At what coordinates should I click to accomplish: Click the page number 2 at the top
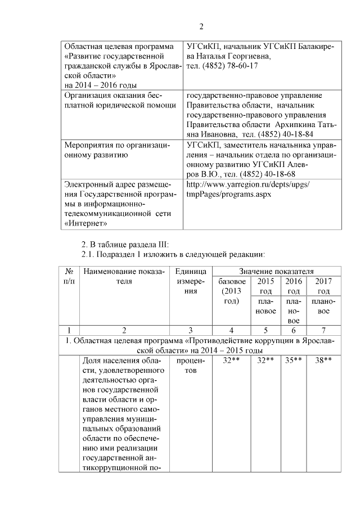[201, 26]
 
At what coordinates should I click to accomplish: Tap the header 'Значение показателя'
[276, 272]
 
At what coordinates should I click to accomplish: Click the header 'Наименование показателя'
[124, 276]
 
